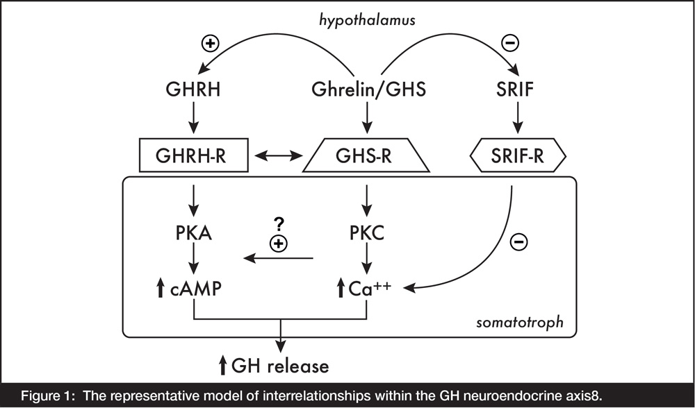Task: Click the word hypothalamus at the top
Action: tap(368, 20)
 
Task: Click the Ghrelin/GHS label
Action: tap(369, 90)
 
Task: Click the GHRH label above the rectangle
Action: tap(193, 90)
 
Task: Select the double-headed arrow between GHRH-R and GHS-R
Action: tap(279, 155)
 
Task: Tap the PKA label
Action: tap(193, 233)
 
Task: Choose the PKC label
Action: tap(366, 233)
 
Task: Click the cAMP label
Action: tap(195, 289)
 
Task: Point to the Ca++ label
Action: tap(370, 289)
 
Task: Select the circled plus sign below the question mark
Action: tap(279, 244)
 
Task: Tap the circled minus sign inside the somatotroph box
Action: tap(519, 242)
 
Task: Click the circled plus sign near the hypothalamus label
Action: tap(211, 43)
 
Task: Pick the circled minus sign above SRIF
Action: tap(510, 43)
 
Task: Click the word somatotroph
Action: tap(520, 322)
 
